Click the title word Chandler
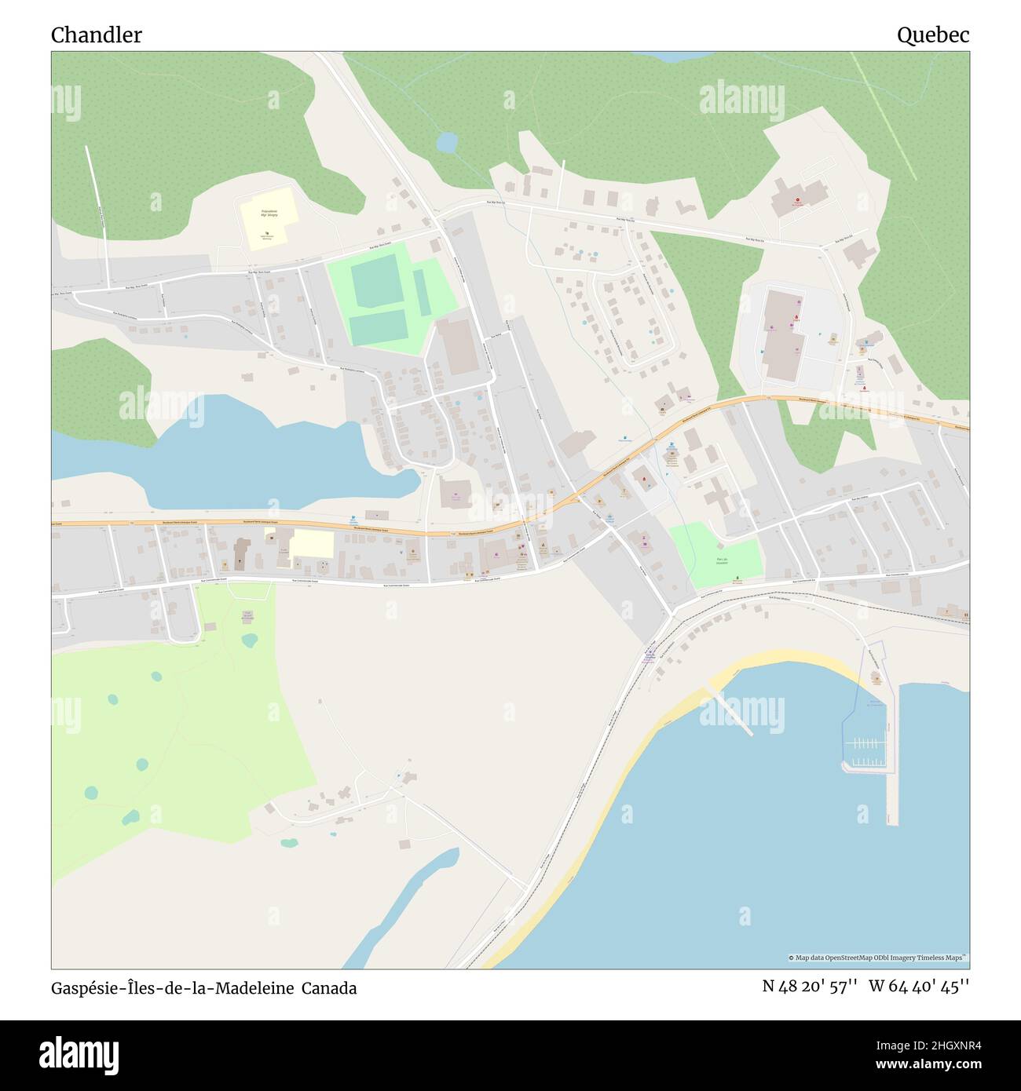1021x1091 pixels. pyautogui.click(x=97, y=35)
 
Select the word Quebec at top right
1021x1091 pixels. pyautogui.click(x=933, y=35)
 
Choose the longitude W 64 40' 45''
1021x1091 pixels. pyautogui.click(x=919, y=987)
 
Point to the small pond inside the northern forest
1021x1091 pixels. pyautogui.click(x=447, y=142)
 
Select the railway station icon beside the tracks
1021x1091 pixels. pyautogui.click(x=650, y=651)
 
